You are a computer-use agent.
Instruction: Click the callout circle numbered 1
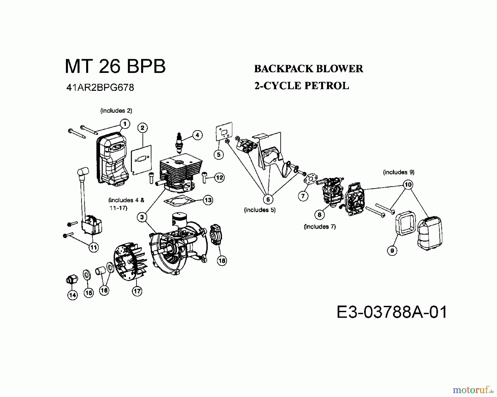(125, 124)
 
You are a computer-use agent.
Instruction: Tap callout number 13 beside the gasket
(208, 200)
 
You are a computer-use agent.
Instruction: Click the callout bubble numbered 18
(222, 260)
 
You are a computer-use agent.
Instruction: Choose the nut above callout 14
(72, 280)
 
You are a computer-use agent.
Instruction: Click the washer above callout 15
(87, 275)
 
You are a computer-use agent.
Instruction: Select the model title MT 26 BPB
(115, 66)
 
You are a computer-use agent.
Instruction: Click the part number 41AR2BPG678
(100, 88)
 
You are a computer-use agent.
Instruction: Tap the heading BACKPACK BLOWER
(308, 69)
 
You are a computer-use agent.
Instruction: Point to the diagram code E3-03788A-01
(392, 312)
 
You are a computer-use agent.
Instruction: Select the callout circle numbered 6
(268, 199)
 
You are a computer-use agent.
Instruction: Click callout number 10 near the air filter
(408, 184)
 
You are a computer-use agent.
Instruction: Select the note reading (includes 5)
(260, 210)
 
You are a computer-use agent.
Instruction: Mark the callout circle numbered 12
(219, 177)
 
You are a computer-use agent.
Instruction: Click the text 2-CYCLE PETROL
(302, 86)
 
